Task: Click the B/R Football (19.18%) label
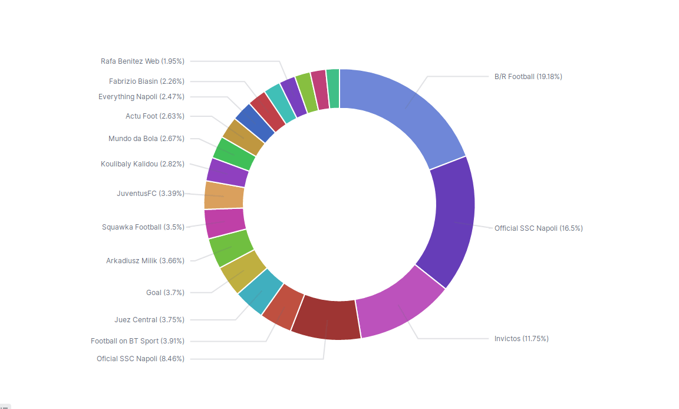528,77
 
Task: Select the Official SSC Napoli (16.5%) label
538,228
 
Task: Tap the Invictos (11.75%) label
521,339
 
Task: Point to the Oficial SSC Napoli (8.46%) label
140,359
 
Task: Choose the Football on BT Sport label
137,341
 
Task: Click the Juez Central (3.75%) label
149,320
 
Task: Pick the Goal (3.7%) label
165,293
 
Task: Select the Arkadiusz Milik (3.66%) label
145,261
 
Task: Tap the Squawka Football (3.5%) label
143,227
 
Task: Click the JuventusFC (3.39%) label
150,194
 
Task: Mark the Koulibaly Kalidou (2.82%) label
142,164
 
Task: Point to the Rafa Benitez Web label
143,61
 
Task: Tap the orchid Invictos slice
401,307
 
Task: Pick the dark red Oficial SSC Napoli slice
326,320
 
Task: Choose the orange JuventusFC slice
224,195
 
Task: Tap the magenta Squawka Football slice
225,223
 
